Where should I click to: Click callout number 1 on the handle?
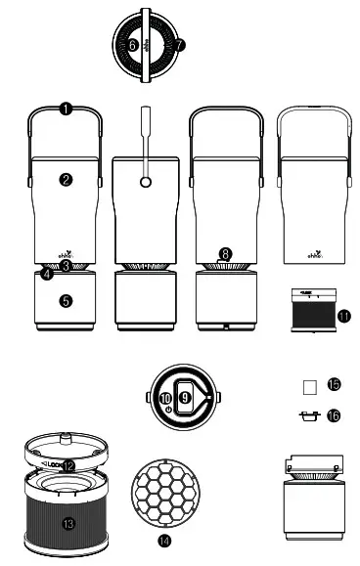pos(66,109)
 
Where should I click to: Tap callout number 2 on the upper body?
pos(66,179)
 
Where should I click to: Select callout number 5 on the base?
pos(66,301)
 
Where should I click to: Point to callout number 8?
pos(226,253)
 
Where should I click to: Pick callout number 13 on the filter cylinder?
pos(68,523)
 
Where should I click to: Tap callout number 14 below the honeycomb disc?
pos(162,539)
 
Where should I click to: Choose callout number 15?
pos(334,385)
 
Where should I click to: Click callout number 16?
pos(334,415)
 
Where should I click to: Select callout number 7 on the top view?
pos(181,45)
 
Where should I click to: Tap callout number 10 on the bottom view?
pos(165,398)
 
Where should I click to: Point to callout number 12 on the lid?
pos(67,465)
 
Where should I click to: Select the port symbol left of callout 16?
pos(307,415)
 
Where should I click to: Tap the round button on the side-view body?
pos(145,182)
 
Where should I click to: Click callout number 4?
pos(47,274)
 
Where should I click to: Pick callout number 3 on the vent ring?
pos(66,265)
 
